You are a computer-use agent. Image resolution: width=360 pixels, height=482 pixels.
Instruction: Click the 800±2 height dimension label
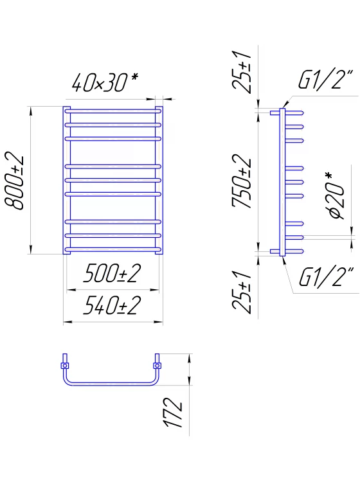[14, 181]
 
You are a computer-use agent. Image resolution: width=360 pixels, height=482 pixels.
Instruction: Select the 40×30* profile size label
[105, 82]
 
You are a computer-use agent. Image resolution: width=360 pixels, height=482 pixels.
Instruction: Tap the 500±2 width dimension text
[112, 273]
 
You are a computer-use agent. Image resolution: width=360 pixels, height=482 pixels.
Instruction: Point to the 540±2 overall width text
[112, 305]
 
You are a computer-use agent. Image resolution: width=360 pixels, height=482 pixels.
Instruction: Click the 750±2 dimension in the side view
[242, 181]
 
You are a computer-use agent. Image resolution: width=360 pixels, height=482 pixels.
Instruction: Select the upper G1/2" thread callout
[325, 80]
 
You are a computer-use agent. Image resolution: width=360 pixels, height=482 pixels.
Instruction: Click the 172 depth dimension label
[172, 412]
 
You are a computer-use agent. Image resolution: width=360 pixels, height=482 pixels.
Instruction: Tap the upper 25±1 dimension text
[242, 72]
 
